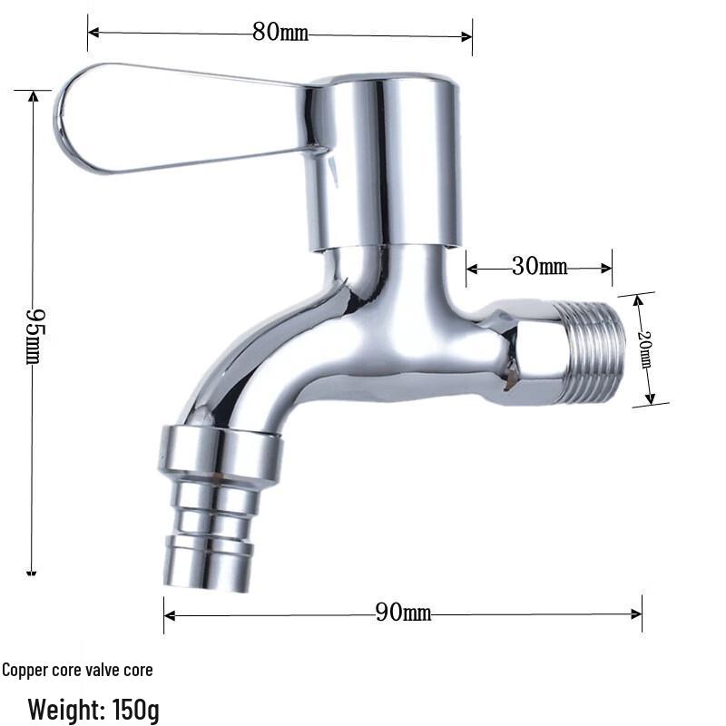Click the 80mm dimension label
[x=280, y=34]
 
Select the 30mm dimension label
[x=539, y=267]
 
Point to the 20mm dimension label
[x=645, y=348]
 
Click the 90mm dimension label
[x=403, y=613]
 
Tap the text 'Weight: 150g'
[x=93, y=708]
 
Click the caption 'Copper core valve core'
[x=78, y=671]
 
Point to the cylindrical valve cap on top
[x=386, y=163]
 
